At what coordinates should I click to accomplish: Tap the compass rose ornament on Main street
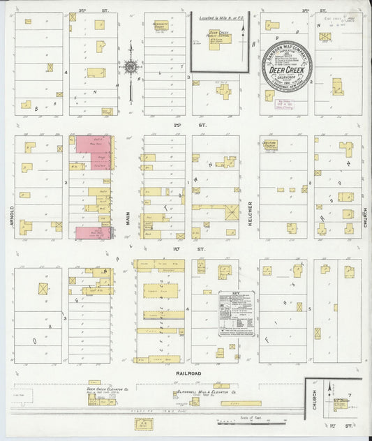pos(131,68)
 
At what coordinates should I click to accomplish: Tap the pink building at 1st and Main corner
pos(91,232)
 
